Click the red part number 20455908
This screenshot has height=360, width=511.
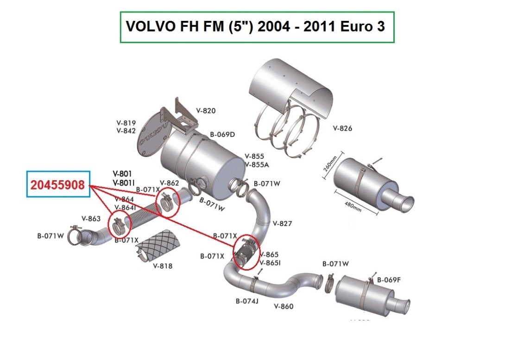[58, 185]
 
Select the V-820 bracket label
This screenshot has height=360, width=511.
[206, 111]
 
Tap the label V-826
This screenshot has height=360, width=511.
[342, 128]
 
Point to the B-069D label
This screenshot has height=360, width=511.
[222, 134]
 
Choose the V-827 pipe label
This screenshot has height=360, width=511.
[282, 223]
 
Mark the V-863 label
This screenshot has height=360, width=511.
[91, 218]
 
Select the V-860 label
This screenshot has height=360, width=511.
[284, 306]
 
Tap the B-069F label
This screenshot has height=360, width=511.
[389, 279]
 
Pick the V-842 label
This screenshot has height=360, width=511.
[126, 131]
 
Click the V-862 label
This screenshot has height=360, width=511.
[169, 183]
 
